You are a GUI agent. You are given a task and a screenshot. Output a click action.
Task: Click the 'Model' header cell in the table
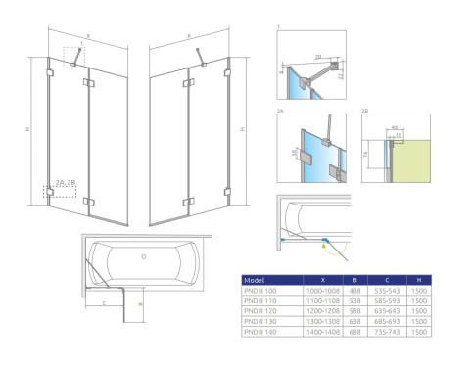pos(255,279)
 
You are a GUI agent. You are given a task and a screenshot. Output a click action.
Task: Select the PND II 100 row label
pos(260,291)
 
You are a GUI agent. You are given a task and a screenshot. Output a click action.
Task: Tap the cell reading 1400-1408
pos(323,333)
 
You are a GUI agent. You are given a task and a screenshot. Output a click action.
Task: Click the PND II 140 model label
pos(260,333)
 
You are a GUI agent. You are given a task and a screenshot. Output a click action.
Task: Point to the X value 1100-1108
pos(323,300)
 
